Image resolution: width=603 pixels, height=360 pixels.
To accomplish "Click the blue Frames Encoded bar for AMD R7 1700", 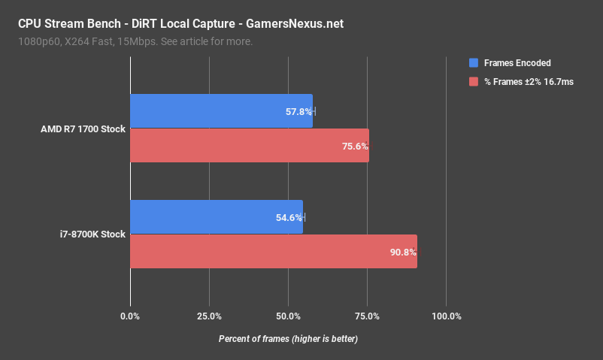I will (x=221, y=111).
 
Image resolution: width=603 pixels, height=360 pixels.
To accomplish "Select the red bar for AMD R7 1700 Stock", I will (x=250, y=146).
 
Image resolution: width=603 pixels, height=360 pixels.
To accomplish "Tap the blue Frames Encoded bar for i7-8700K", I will (x=217, y=217).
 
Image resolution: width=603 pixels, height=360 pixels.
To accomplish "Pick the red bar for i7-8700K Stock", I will (x=274, y=251).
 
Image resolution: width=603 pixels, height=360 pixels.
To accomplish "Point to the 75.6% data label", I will (x=355, y=147).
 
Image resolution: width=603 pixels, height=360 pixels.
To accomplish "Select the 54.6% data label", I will (x=289, y=218).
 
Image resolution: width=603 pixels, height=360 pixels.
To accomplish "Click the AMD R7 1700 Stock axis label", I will (x=83, y=129).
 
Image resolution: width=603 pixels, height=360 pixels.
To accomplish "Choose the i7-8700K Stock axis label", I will (x=92, y=234).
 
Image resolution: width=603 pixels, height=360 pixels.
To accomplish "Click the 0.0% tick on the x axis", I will (x=130, y=316).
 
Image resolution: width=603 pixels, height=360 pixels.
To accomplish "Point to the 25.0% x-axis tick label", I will (x=209, y=316).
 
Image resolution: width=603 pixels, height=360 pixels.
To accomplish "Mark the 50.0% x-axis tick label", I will (x=288, y=316).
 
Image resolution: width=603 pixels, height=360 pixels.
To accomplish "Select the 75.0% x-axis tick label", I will (x=367, y=316).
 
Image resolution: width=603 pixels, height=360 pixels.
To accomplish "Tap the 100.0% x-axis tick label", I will (x=446, y=316).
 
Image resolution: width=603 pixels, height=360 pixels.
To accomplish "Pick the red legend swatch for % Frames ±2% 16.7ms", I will (x=474, y=81).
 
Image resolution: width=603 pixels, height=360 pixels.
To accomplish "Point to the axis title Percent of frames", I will (x=288, y=339).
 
